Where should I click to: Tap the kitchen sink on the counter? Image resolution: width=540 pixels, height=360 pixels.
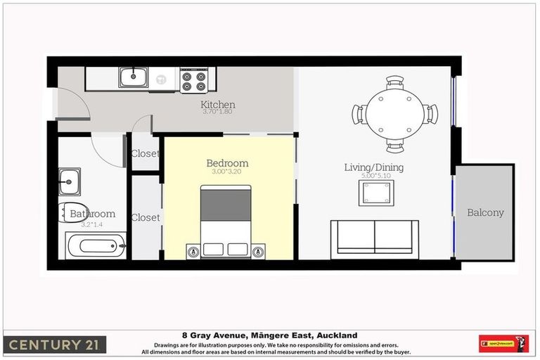pos(131,77)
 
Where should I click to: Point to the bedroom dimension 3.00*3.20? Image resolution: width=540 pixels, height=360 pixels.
pos(226,172)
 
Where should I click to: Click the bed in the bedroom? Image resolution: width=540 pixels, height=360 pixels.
pos(226,221)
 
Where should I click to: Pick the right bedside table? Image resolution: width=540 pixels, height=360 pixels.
pos(259,250)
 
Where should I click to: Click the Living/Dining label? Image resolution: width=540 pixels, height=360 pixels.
pos(373,167)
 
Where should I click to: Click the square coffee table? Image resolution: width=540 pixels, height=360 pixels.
pos(376,193)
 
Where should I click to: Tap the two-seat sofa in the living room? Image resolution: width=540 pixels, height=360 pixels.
pos(375,238)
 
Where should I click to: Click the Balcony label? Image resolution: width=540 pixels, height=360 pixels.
pos(485,212)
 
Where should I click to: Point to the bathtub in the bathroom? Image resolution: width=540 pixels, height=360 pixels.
pos(96,246)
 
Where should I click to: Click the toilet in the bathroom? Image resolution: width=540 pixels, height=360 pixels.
pos(70,212)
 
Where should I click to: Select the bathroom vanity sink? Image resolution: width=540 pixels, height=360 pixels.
pos(69,181)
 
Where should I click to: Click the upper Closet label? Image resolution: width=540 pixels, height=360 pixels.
pos(146,153)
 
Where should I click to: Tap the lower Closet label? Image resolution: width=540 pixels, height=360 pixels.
pos(146,217)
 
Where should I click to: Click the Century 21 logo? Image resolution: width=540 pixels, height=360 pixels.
pos(56,345)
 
